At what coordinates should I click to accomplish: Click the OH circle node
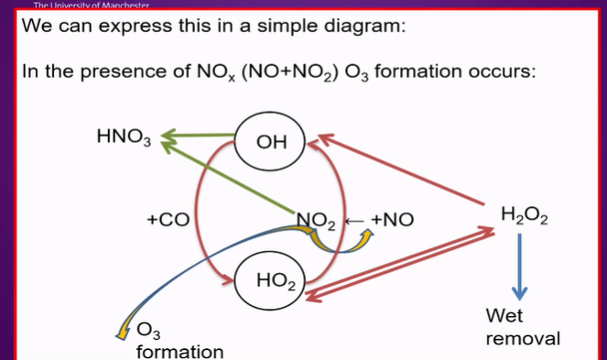(x=272, y=142)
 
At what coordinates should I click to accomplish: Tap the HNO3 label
(x=123, y=138)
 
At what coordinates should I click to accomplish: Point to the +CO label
(x=168, y=220)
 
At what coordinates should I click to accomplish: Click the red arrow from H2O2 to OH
(x=403, y=170)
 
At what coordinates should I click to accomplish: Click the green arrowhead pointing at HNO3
(x=168, y=139)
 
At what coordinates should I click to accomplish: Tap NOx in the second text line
(x=219, y=70)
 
